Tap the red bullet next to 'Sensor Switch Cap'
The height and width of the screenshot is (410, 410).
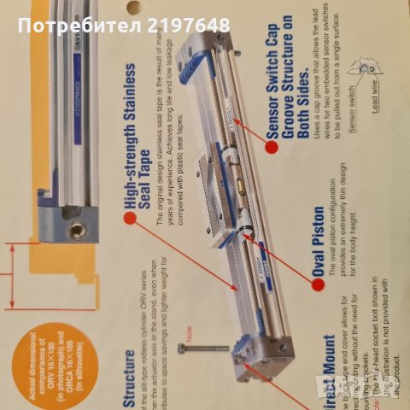(x=271, y=146)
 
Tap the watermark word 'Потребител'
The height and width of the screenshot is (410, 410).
(x=73, y=25)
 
